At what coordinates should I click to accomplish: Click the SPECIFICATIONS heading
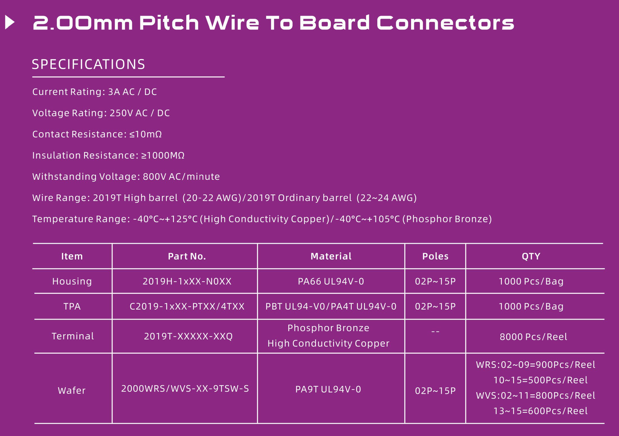click(x=88, y=64)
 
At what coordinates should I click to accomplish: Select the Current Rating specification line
click(x=95, y=92)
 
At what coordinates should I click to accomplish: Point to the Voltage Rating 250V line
click(x=101, y=113)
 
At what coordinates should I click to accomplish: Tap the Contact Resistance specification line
click(x=97, y=134)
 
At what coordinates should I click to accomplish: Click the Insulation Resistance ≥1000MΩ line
click(x=108, y=155)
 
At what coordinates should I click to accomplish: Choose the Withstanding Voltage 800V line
click(x=126, y=176)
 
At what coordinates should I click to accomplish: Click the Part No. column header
click(x=187, y=256)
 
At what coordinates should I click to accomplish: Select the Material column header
click(x=331, y=256)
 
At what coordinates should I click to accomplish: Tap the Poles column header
click(x=435, y=256)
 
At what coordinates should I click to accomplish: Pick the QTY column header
click(x=531, y=256)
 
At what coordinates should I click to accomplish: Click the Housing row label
click(x=72, y=281)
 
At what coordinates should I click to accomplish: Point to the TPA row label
click(x=72, y=306)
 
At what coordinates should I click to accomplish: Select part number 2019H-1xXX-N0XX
click(x=187, y=281)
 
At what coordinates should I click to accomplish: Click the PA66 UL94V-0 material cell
click(x=331, y=281)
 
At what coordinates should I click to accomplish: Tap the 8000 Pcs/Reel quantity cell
click(x=533, y=337)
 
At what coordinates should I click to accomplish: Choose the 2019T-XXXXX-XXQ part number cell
click(x=188, y=336)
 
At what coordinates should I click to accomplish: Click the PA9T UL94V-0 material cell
click(x=328, y=389)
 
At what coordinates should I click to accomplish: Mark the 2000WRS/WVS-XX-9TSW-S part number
click(x=185, y=389)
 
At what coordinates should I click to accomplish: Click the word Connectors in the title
click(x=445, y=22)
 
